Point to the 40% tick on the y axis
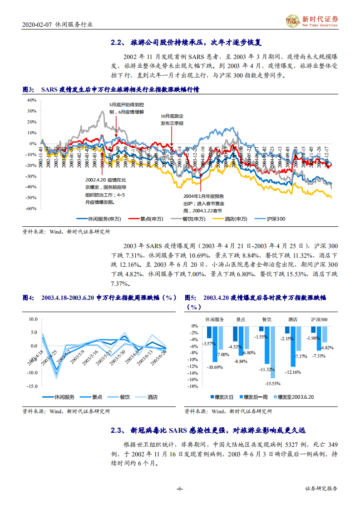(x=31, y=100)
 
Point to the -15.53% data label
(x=272, y=384)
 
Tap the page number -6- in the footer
(x=180, y=489)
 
